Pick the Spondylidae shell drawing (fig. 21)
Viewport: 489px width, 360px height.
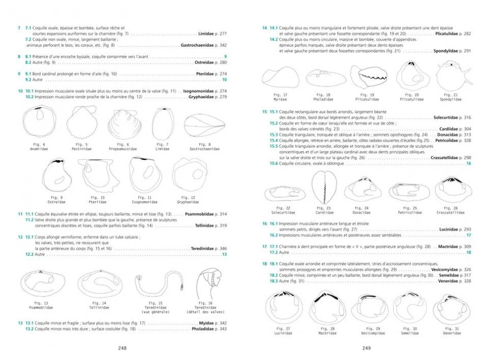[x=451, y=76]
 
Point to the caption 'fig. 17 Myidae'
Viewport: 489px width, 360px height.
[x=281, y=96]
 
